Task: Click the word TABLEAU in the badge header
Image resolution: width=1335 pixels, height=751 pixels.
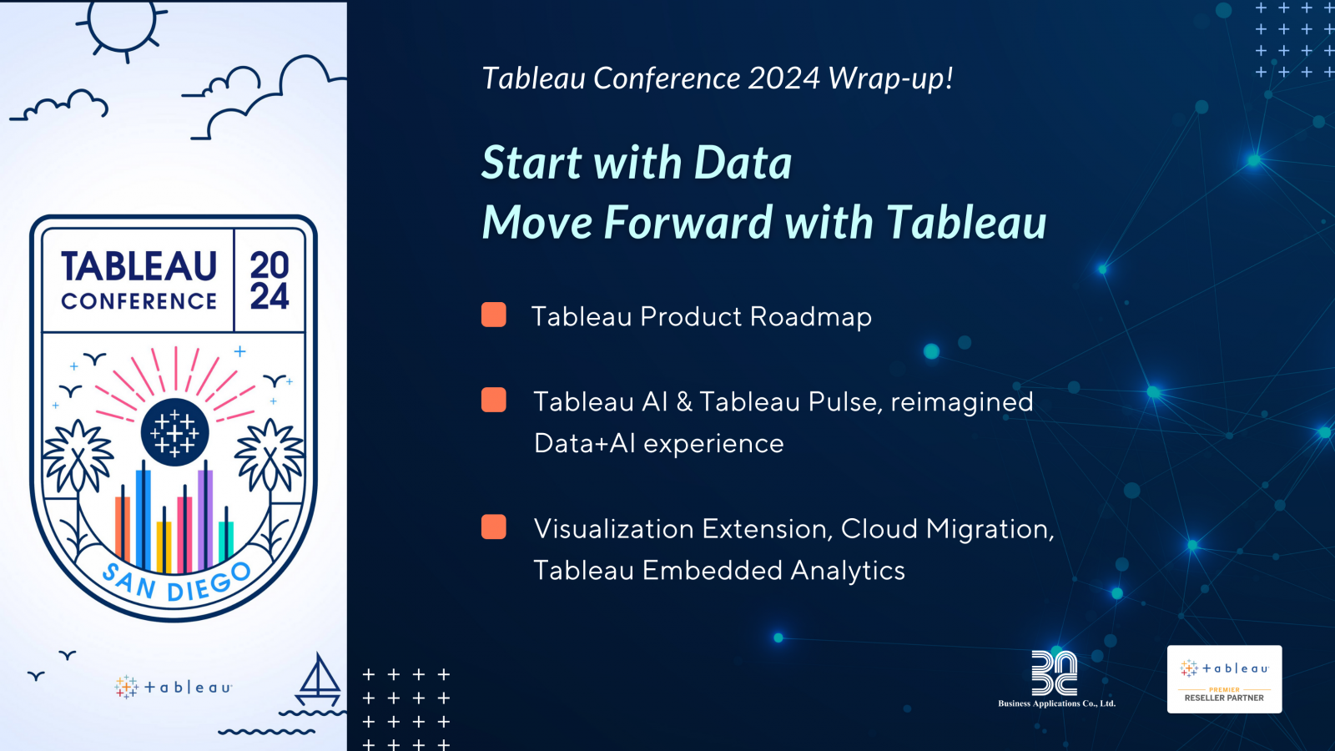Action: pos(139,266)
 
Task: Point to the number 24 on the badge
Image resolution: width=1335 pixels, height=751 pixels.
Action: pos(270,296)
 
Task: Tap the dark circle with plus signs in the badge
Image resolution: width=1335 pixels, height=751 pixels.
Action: pos(174,432)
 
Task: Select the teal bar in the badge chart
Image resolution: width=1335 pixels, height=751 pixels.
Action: pos(226,541)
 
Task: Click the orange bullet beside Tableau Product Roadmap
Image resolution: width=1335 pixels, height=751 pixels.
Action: pos(493,315)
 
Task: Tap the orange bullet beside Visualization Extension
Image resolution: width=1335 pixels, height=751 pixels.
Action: pos(493,527)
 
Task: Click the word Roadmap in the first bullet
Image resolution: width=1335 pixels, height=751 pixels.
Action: pos(810,316)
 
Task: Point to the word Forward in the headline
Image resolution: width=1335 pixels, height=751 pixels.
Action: pos(688,222)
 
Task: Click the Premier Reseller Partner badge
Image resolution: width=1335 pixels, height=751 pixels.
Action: pos(1224,679)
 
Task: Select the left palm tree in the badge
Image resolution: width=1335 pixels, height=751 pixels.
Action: pos(77,476)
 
